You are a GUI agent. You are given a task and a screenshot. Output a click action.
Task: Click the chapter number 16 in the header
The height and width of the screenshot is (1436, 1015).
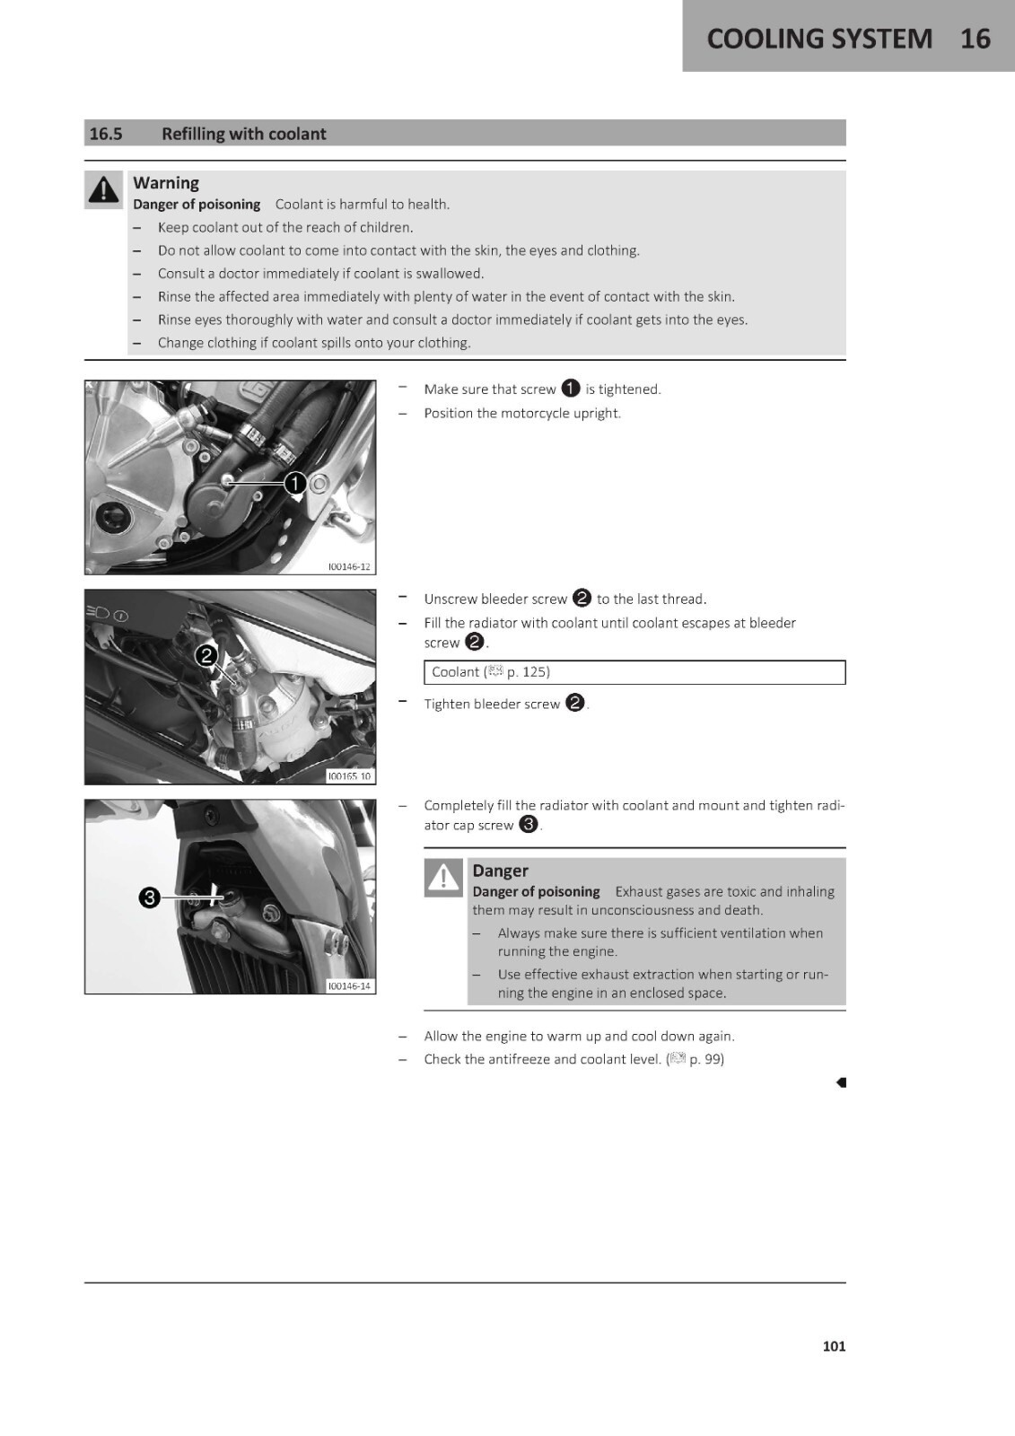pyautogui.click(x=976, y=39)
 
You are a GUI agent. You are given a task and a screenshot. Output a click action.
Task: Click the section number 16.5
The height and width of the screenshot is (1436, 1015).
pyautogui.click(x=106, y=134)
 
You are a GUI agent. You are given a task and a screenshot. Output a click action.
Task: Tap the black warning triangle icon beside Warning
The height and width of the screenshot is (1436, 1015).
pyautogui.click(x=103, y=189)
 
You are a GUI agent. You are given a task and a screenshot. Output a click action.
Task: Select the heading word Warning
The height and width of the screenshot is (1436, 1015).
pyautogui.click(x=166, y=183)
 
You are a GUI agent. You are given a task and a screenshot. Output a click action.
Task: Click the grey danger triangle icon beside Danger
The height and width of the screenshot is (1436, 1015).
pyautogui.click(x=443, y=877)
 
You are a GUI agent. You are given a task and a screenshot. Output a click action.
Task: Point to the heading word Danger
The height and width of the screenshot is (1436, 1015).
pyautogui.click(x=500, y=871)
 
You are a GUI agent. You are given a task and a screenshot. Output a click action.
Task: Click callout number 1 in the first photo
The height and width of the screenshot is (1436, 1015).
pyautogui.click(x=295, y=483)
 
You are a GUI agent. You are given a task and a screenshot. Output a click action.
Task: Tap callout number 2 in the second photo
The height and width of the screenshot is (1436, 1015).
pyautogui.click(x=206, y=656)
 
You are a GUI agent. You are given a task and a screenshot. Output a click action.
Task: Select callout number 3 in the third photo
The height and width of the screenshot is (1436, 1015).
pyautogui.click(x=149, y=897)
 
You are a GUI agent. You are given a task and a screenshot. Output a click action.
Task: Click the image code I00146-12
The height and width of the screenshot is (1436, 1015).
pyautogui.click(x=349, y=566)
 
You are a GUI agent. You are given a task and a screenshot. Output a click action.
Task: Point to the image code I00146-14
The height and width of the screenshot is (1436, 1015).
pyautogui.click(x=349, y=986)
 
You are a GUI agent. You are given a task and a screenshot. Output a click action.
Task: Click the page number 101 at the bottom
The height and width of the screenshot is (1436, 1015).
pyautogui.click(x=835, y=1346)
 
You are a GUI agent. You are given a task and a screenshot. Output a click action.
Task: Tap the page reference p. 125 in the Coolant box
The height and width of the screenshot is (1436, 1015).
pyautogui.click(x=529, y=672)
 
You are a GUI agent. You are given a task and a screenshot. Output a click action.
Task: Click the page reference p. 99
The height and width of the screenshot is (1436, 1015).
pyautogui.click(x=706, y=1059)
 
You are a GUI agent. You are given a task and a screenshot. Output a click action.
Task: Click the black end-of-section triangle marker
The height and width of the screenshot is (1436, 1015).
pyautogui.click(x=841, y=1082)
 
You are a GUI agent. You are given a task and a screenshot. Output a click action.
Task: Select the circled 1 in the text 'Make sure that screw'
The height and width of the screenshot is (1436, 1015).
pyautogui.click(x=570, y=389)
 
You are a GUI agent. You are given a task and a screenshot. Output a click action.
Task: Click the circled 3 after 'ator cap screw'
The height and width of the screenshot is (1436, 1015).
pyautogui.click(x=529, y=825)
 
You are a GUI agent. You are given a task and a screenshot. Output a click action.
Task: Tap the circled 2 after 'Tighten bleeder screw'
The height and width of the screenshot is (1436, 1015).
pyautogui.click(x=575, y=704)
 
